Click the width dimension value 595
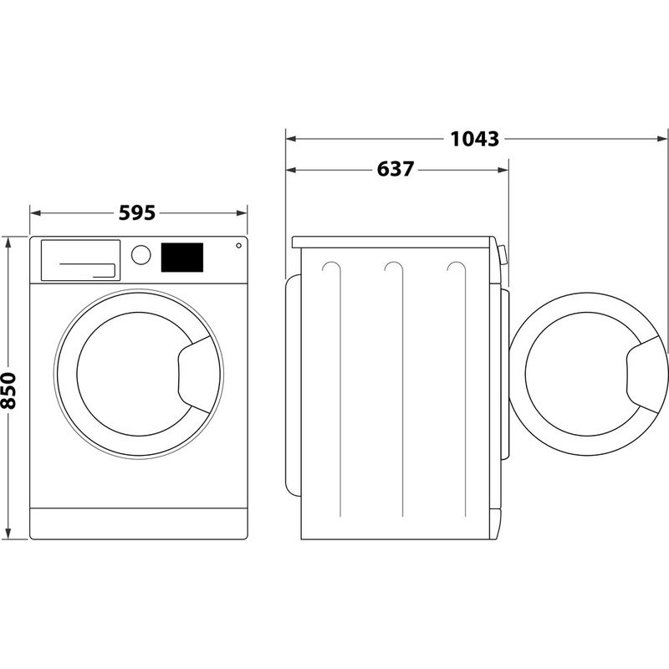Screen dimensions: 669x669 (137, 213)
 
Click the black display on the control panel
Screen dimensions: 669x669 (181, 257)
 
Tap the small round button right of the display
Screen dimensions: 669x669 (238, 246)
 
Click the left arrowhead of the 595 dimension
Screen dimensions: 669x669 (34, 213)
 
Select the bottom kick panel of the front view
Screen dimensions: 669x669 (140, 523)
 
